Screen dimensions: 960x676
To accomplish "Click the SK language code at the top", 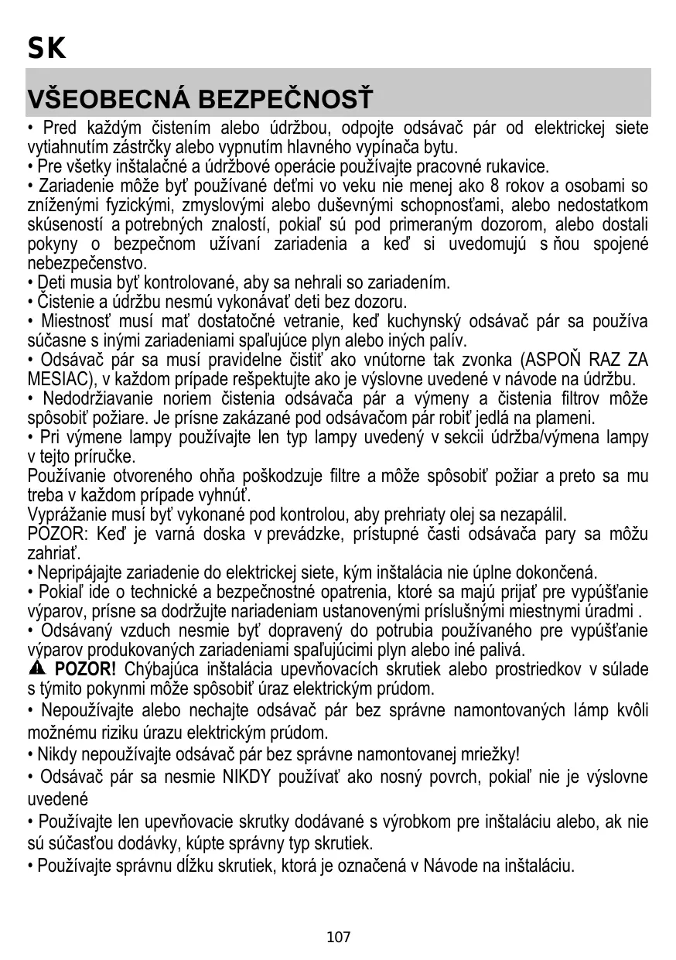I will [x=46, y=50].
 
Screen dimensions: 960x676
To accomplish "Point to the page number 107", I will [x=338, y=938].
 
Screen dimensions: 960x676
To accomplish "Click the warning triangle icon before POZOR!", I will [x=36, y=668].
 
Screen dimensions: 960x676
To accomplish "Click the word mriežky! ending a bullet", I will [x=489, y=754].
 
